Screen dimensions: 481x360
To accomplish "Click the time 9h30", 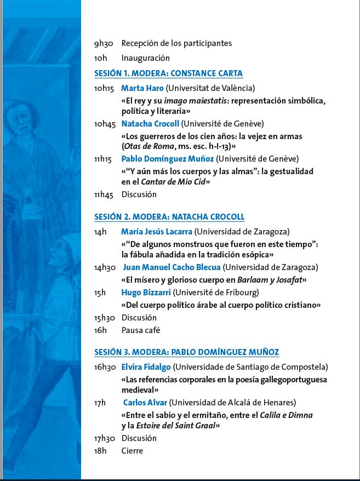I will [x=104, y=43].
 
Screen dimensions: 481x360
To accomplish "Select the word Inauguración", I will [x=145, y=58].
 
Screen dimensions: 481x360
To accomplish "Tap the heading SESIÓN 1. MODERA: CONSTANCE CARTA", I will [x=168, y=73].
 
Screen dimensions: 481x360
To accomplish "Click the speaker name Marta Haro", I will [x=142, y=88].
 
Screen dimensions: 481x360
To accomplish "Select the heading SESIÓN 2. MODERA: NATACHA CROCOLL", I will [x=169, y=216].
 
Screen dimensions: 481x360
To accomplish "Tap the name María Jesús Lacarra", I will [x=156, y=231].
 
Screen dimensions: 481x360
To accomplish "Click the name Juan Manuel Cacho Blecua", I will [x=172, y=267].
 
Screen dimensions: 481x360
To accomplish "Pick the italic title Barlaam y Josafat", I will [x=274, y=279].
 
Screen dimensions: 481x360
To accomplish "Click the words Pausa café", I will [x=141, y=330].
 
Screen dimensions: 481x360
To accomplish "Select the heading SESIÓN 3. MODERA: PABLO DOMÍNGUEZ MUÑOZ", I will [x=186, y=352].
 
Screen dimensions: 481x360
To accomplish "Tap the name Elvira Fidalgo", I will [x=146, y=367].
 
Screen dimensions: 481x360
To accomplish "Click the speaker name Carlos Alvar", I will [x=145, y=403].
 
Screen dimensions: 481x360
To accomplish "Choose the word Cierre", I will [x=132, y=450].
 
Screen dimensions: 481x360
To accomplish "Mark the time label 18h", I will [x=100, y=450].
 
